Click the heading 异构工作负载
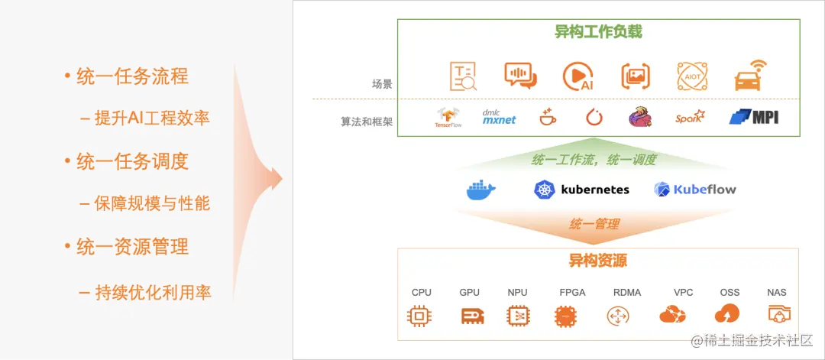click(x=598, y=32)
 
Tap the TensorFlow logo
click(x=449, y=117)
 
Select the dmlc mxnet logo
click(x=499, y=116)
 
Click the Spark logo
click(x=690, y=118)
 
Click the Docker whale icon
click(x=481, y=190)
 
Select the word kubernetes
click(x=595, y=190)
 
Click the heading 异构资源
click(x=598, y=261)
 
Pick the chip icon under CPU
click(x=421, y=314)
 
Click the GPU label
click(x=469, y=293)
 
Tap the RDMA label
click(x=627, y=293)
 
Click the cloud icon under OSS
click(x=726, y=313)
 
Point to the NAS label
click(x=777, y=293)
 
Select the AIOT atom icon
click(x=691, y=76)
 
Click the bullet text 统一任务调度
click(x=132, y=161)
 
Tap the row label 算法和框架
click(x=367, y=122)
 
